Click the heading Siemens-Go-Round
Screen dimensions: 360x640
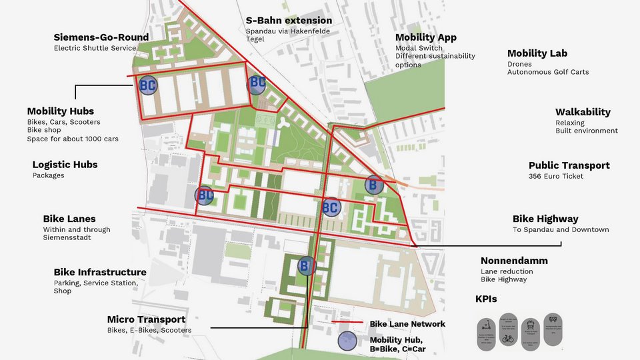pyautogui.click(x=101, y=37)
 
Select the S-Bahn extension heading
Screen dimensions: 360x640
pyautogui.click(x=289, y=21)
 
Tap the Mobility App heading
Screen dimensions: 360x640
pyautogui.click(x=425, y=37)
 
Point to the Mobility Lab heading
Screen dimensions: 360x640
pyautogui.click(x=537, y=53)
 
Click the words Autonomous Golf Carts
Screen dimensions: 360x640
pyautogui.click(x=548, y=72)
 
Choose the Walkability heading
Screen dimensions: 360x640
pyautogui.click(x=583, y=112)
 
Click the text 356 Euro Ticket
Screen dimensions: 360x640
pyautogui.click(x=556, y=176)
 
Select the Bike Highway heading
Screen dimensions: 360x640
pyautogui.click(x=545, y=219)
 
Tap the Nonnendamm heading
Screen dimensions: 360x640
pyautogui.click(x=514, y=261)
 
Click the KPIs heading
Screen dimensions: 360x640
pyautogui.click(x=486, y=299)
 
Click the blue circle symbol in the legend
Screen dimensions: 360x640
pyautogui.click(x=347, y=341)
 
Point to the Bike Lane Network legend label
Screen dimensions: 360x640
pyautogui.click(x=407, y=324)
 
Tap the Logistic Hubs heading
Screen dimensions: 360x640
pyautogui.click(x=65, y=165)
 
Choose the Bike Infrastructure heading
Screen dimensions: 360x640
pyautogui.click(x=100, y=272)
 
